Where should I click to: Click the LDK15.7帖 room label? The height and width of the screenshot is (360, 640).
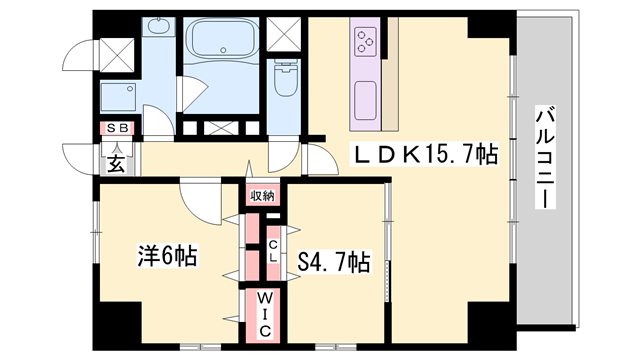[423, 154]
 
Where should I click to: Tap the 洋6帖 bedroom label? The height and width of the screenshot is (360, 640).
[166, 256]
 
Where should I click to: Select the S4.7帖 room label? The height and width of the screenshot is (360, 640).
[334, 262]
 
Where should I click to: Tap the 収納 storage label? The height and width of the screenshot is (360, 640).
[263, 195]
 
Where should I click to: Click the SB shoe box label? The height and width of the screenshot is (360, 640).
[117, 127]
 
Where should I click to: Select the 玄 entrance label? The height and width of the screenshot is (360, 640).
[116, 164]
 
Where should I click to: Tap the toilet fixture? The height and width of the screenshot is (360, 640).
[285, 78]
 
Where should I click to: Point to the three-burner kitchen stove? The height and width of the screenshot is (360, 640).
[365, 41]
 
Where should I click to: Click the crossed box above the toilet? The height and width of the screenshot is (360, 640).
[285, 34]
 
